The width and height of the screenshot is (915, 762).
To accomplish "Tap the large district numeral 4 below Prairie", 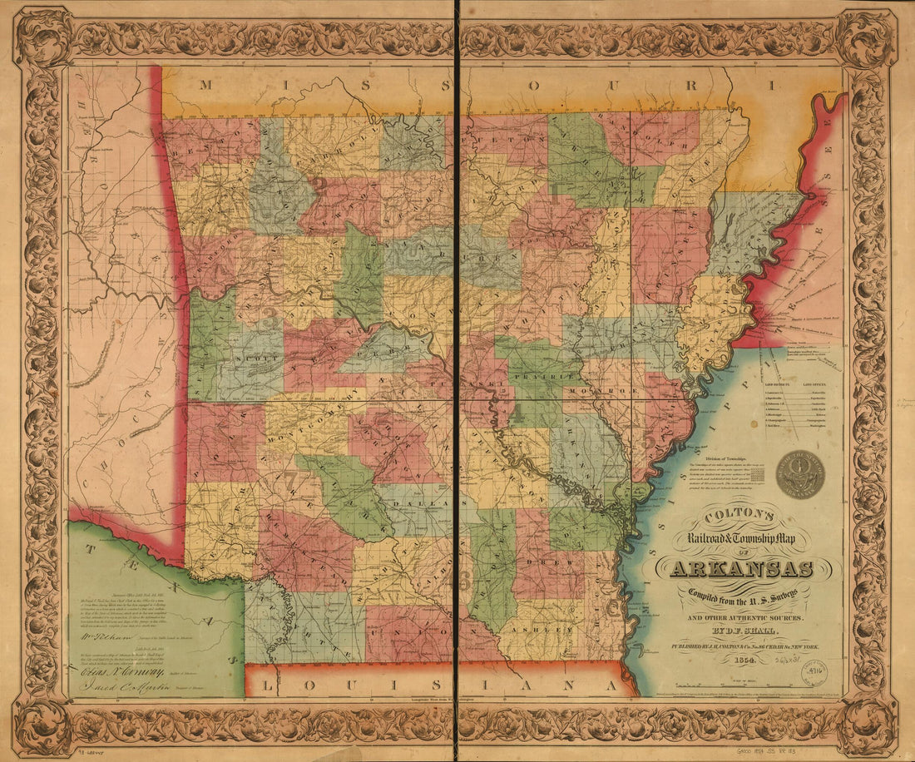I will click(517, 412).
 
